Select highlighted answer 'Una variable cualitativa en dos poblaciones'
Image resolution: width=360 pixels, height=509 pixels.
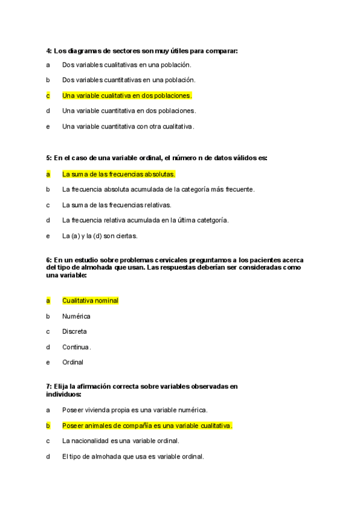click(127, 95)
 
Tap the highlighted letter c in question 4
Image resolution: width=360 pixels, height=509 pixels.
click(48, 95)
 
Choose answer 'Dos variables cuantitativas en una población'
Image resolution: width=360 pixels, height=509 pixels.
click(128, 80)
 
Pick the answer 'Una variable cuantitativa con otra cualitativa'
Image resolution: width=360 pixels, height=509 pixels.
click(128, 127)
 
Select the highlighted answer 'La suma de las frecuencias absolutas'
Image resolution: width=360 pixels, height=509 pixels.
click(118, 174)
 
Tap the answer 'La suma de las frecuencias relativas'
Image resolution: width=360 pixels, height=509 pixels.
click(116, 205)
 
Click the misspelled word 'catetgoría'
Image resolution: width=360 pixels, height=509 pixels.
click(212, 220)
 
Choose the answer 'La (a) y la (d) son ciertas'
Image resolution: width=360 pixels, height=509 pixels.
click(100, 236)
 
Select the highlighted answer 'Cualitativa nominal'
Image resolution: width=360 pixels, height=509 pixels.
click(90, 300)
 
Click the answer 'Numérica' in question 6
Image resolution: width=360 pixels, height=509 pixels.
click(76, 316)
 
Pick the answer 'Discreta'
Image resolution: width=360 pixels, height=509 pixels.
click(74, 331)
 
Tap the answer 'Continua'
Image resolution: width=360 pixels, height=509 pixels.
click(76, 347)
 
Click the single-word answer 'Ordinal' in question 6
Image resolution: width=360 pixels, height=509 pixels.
click(73, 363)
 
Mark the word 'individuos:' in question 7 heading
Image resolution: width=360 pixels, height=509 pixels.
click(64, 394)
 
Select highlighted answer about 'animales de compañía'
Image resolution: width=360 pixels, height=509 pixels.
click(146, 426)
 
